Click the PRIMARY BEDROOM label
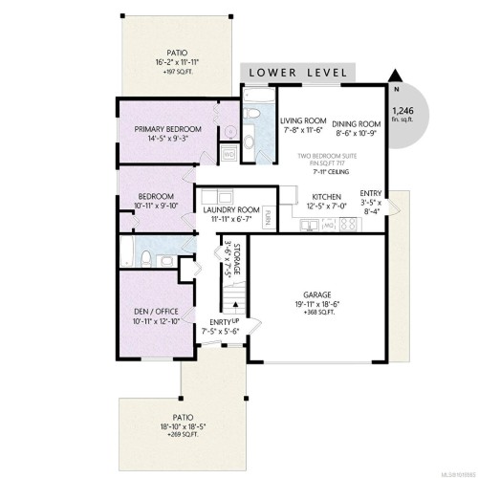click(169, 128)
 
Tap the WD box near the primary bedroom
click(228, 153)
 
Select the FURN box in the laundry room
click(270, 215)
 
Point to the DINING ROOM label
click(357, 123)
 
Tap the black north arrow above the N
click(395, 76)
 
